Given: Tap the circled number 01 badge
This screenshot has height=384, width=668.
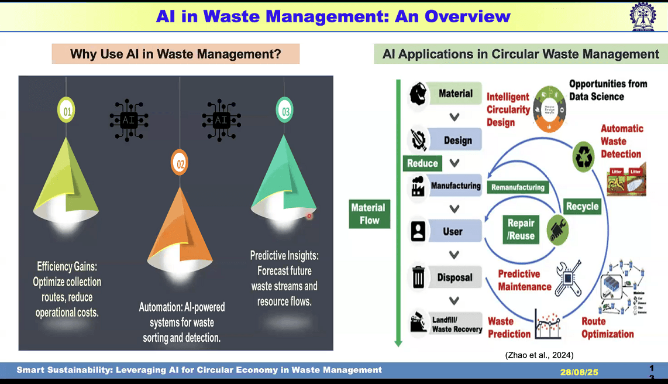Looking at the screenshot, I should (66, 110).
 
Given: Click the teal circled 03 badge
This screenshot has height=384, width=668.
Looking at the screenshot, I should (285, 110).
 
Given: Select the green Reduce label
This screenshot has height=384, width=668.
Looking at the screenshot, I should (422, 163).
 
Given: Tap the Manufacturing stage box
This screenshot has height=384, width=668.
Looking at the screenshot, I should (455, 186).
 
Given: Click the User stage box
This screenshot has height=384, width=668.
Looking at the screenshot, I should (453, 231).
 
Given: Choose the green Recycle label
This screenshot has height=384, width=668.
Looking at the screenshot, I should (582, 206).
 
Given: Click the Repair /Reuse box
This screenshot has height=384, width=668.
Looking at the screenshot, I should (521, 229).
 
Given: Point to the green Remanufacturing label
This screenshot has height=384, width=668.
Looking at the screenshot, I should (518, 187).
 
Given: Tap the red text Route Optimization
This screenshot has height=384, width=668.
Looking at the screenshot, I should (608, 328).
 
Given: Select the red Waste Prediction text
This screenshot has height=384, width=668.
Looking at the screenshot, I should (509, 328).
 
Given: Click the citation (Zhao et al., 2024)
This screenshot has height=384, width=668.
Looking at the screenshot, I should (539, 355).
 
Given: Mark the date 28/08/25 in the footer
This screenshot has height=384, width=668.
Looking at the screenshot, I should (579, 372).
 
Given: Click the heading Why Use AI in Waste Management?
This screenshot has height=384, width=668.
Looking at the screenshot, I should (175, 54).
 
